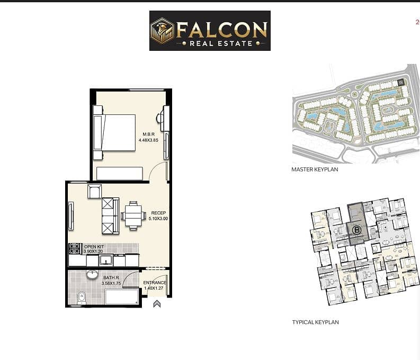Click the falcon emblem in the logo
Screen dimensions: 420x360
pyautogui.click(x=162, y=31)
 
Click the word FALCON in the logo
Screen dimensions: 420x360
pyautogui.click(x=222, y=30)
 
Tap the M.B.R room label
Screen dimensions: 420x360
pyautogui.click(x=149, y=134)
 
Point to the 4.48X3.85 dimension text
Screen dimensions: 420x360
pyautogui.click(x=148, y=140)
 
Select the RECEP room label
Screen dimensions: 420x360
pyautogui.click(x=158, y=213)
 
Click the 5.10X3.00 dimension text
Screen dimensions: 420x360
pyautogui.click(x=158, y=219)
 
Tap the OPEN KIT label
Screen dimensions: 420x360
pyautogui.click(x=94, y=247)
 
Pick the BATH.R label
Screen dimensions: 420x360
pyautogui.click(x=111, y=278)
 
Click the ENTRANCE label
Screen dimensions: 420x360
pyautogui.click(x=155, y=283)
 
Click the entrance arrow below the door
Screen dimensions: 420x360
pyautogui.click(x=157, y=304)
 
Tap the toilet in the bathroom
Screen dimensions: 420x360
pyautogui.click(x=82, y=299)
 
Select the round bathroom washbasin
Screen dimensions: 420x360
pyautogui.click(x=92, y=275)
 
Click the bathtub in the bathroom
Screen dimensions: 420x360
pyautogui.click(x=122, y=296)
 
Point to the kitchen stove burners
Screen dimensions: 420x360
pyautogui.click(x=75, y=249)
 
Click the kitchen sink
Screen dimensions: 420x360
pyautogui.click(x=106, y=260)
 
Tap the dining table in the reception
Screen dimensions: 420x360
pyautogui.click(x=133, y=215)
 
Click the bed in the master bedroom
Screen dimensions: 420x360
pyautogui.click(x=114, y=133)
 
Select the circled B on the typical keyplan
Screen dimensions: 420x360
pyautogui.click(x=356, y=230)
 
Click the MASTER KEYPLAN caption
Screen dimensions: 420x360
pyautogui.click(x=315, y=169)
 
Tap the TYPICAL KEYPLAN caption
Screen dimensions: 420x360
pyautogui.click(x=316, y=322)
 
